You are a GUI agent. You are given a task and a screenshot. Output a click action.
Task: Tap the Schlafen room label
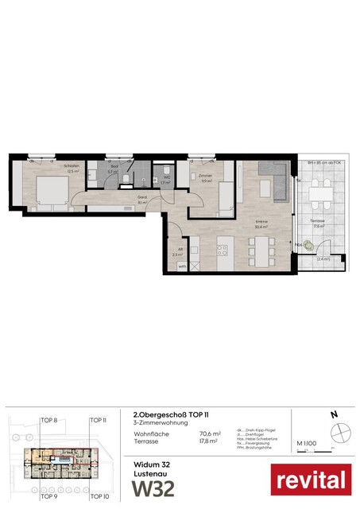[x=50, y=168]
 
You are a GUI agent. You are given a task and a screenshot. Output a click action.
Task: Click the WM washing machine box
[x=182, y=266]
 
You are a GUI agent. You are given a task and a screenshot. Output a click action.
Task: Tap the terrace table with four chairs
[x=321, y=191]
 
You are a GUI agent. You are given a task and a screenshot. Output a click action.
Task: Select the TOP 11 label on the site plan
[x=98, y=420]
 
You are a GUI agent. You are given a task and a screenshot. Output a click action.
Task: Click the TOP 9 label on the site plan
[x=50, y=496]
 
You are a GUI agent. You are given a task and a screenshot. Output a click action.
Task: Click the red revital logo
[x=311, y=480]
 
